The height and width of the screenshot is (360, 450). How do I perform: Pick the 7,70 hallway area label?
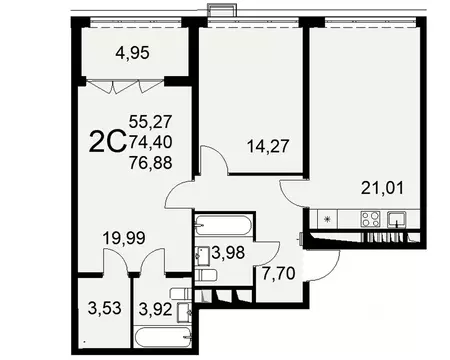277,272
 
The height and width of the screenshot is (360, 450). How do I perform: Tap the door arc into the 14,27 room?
215,162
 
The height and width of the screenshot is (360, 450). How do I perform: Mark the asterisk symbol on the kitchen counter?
326,219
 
